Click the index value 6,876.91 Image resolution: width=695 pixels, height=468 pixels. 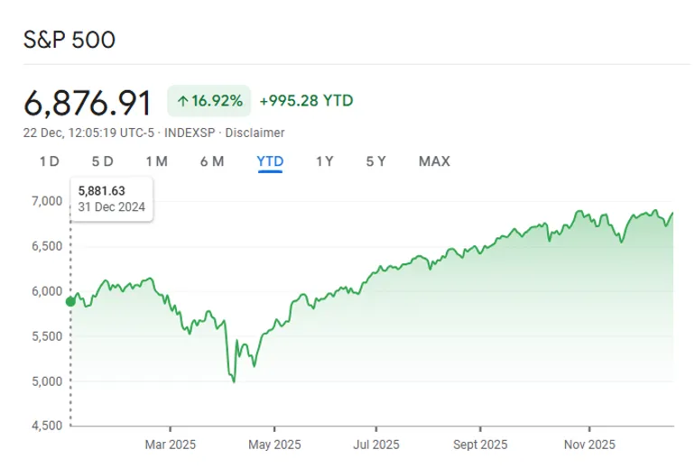[88, 103]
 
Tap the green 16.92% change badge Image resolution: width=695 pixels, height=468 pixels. [208, 101]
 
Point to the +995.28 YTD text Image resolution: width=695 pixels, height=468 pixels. [306, 101]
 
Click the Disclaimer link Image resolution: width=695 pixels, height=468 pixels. [255, 133]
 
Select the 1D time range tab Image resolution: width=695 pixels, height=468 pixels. [49, 161]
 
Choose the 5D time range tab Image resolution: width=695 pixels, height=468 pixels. [102, 161]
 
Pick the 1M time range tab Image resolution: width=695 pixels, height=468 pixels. [156, 161]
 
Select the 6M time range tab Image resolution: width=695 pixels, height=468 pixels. [211, 161]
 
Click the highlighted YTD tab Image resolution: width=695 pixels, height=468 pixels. [270, 161]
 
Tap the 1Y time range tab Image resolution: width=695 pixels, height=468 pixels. [325, 161]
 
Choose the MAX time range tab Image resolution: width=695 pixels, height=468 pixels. [434, 161]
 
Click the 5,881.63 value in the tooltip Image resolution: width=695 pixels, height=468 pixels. [101, 190]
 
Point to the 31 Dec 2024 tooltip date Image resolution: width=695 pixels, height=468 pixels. [112, 206]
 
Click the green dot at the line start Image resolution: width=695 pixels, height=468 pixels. [70, 300]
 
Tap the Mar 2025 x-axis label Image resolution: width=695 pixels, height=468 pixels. [171, 445]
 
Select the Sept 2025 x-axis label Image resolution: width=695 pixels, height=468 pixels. [480, 445]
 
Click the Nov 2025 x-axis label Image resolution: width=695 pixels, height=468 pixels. [588, 445]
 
